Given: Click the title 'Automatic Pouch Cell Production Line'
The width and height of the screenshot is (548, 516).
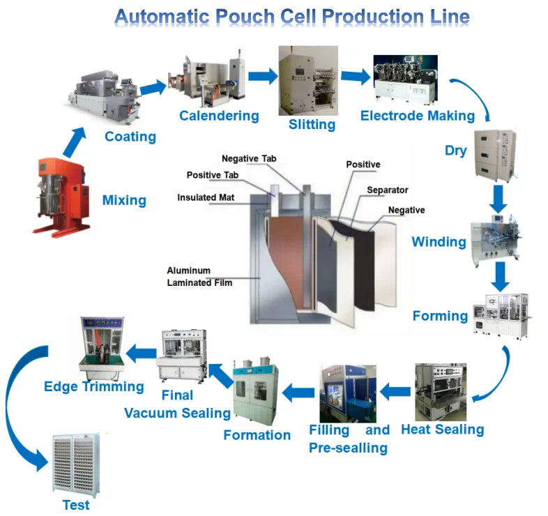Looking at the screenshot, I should pyautogui.click(x=292, y=17).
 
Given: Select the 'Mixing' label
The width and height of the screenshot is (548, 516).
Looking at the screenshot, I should pyautogui.click(x=124, y=201).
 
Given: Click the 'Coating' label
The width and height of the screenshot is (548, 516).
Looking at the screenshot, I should pyautogui.click(x=130, y=137).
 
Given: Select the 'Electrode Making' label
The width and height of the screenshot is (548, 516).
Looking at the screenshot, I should pyautogui.click(x=417, y=116).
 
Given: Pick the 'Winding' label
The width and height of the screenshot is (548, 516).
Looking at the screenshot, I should pyautogui.click(x=439, y=243).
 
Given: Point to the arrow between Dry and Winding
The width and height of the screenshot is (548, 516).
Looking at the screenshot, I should pyautogui.click(x=498, y=199).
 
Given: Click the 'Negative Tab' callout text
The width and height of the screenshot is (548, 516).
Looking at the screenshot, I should pyautogui.click(x=248, y=159).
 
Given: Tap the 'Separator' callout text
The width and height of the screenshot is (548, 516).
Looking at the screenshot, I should pyautogui.click(x=387, y=190).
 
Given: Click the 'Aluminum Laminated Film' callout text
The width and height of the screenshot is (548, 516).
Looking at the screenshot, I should pyautogui.click(x=199, y=276).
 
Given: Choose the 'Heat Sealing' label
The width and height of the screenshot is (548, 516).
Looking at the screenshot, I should pyautogui.click(x=442, y=430).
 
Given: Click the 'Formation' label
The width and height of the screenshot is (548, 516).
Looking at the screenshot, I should pyautogui.click(x=257, y=435).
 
